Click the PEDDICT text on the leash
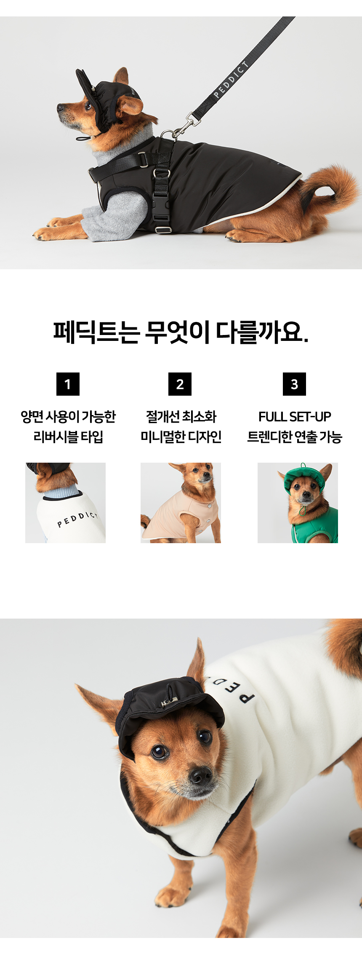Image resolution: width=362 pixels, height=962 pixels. [x=231, y=80]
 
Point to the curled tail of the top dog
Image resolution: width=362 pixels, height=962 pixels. [x=328, y=185]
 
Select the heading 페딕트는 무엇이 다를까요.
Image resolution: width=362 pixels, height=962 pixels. [x=181, y=332]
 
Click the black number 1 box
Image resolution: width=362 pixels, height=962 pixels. [x=68, y=384]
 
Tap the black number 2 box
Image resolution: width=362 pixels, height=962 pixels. [x=180, y=384]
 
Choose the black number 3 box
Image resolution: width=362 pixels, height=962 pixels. [x=294, y=384]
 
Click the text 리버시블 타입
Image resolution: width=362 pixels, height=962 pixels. [x=68, y=437]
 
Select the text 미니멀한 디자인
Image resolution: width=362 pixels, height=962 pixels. [x=181, y=437]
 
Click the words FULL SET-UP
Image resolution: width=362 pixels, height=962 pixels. [x=295, y=417]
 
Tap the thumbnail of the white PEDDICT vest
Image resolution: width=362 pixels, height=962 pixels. [x=65, y=503]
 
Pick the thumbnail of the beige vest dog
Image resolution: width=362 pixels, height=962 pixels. [x=181, y=503]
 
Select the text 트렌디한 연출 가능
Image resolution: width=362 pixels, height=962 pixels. [x=295, y=437]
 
